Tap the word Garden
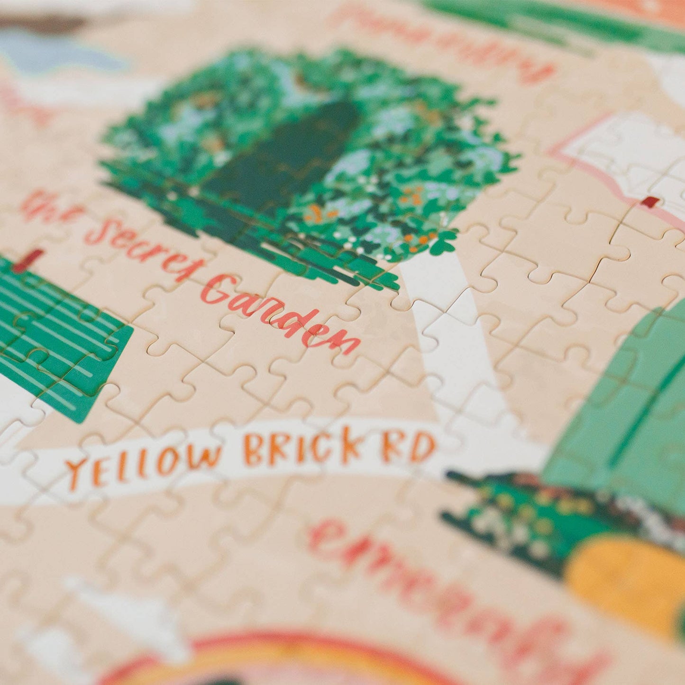coord(280,313)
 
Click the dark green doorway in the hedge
coord(280,156)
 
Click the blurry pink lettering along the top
coord(441,43)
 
